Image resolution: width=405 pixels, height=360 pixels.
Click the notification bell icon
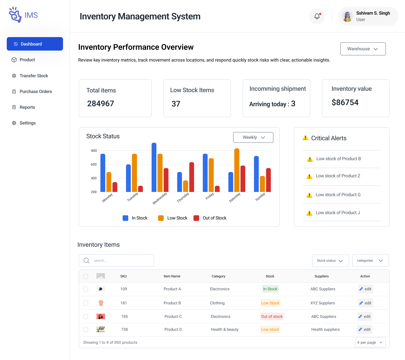pyautogui.click(x=317, y=16)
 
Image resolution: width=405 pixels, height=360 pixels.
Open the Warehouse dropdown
pyautogui.click(x=363, y=49)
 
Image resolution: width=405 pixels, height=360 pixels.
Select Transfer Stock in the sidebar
pyautogui.click(x=34, y=76)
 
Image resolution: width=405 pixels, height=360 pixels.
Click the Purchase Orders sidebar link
pyautogui.click(x=36, y=92)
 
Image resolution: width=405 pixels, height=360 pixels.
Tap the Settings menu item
pyautogui.click(x=28, y=123)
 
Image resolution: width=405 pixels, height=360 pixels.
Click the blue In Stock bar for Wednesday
pyautogui.click(x=154, y=167)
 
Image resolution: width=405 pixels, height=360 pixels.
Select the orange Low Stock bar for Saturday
pyautogui.click(x=237, y=170)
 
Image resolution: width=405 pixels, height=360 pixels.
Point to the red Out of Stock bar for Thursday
pyautogui.click(x=192, y=177)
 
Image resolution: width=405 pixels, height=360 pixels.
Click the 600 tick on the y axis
pyautogui.click(x=94, y=164)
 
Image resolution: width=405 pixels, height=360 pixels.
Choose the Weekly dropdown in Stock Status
pyautogui.click(x=253, y=137)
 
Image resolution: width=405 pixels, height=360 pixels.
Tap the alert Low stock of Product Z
pyautogui.click(x=338, y=176)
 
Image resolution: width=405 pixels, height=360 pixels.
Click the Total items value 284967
pyautogui.click(x=101, y=104)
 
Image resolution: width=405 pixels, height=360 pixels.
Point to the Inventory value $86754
pyautogui.click(x=345, y=103)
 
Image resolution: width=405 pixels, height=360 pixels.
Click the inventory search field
pyautogui.click(x=116, y=261)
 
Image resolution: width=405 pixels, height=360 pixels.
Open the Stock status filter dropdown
pyautogui.click(x=330, y=261)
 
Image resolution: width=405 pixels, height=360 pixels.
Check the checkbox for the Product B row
pyautogui.click(x=86, y=303)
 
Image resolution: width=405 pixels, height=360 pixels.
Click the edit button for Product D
pyautogui.click(x=365, y=329)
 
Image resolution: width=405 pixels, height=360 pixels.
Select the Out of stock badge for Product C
pyautogui.click(x=272, y=316)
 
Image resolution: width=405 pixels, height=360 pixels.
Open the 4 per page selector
pyautogui.click(x=370, y=342)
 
